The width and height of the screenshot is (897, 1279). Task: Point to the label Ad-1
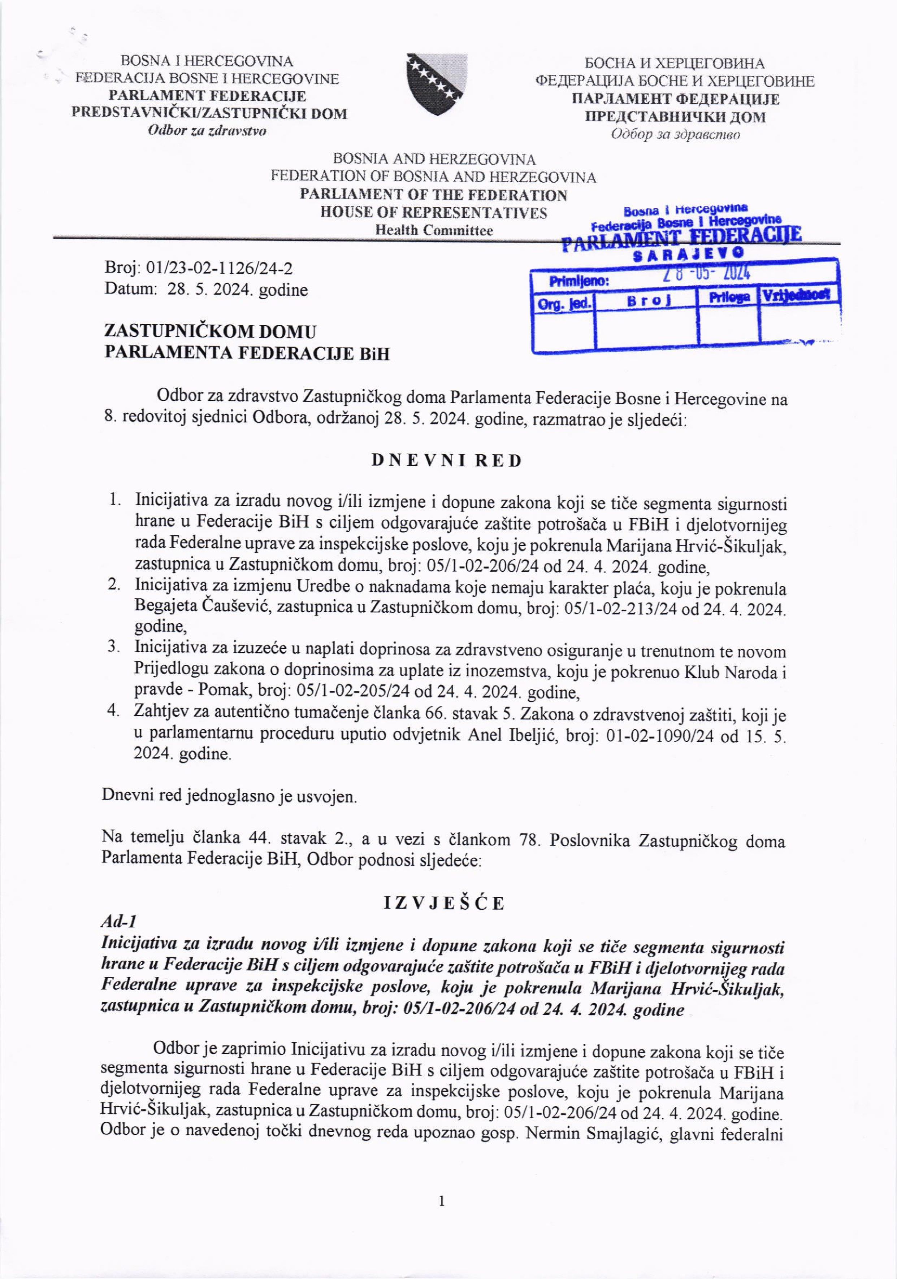(119, 922)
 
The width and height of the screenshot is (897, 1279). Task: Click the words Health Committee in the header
(433, 231)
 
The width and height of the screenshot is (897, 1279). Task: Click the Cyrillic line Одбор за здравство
(675, 135)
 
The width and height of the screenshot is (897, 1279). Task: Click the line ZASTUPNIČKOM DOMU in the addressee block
(211, 332)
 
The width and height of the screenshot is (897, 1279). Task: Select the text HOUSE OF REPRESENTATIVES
(433, 213)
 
